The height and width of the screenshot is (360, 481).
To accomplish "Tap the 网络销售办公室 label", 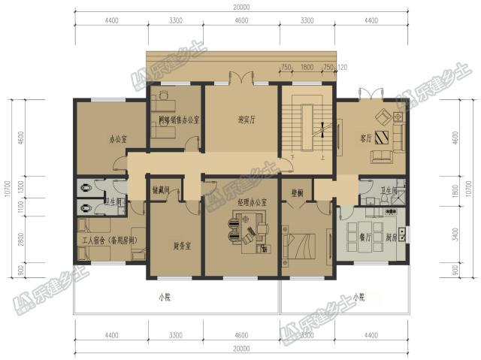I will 179,119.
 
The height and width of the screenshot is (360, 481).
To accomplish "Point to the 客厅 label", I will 367,137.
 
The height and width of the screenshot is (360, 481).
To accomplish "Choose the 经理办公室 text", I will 253,204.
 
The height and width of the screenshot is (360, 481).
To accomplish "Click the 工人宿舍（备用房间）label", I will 110,240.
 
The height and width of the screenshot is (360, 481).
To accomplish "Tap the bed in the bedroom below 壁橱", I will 301,244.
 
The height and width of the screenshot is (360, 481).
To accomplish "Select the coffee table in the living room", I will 383,138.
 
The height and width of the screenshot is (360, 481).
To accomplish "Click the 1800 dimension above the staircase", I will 307,66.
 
